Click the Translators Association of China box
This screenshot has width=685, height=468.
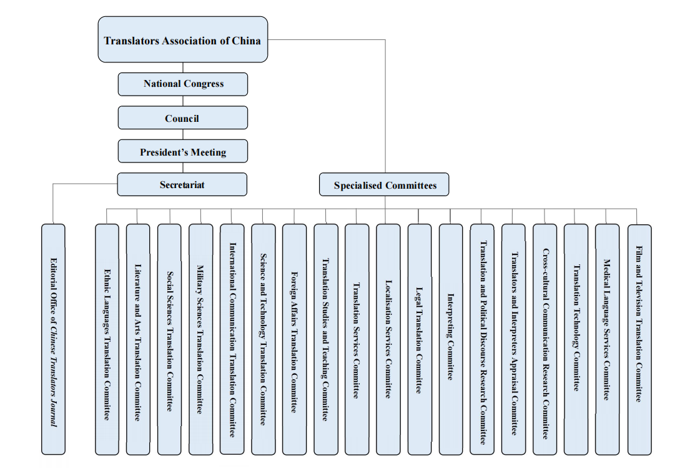click(182, 41)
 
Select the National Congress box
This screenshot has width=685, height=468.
click(183, 84)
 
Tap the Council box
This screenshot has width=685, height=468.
click(182, 118)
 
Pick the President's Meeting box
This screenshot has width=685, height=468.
click(182, 152)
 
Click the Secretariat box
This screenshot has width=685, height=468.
click(182, 184)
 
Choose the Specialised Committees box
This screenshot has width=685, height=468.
click(384, 185)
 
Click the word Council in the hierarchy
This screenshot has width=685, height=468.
click(182, 118)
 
